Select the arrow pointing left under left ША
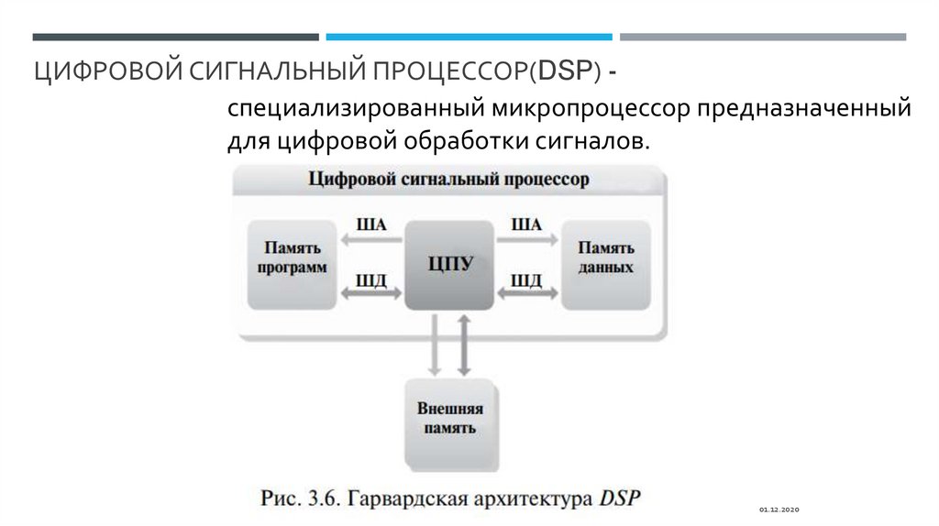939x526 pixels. coord(371,240)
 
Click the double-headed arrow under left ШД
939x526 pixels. coord(371,294)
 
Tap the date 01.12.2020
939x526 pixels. coord(779,509)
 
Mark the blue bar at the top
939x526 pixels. coord(469,37)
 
